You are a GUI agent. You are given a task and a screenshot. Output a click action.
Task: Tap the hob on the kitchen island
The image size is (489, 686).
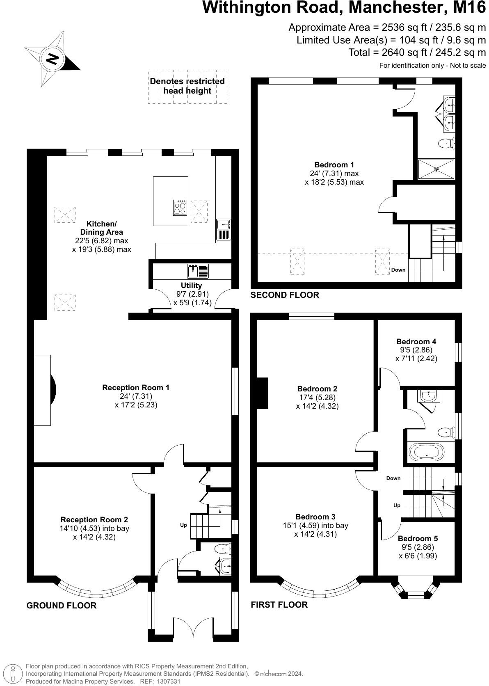click(180, 208)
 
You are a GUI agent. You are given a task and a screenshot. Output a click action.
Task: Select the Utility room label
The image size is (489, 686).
click(191, 286)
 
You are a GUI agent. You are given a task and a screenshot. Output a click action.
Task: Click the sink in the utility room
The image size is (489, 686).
click(198, 271)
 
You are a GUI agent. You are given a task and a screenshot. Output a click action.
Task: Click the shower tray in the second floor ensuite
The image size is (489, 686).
click(436, 169)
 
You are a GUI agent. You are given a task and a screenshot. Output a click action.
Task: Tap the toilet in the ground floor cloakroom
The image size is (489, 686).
click(224, 548)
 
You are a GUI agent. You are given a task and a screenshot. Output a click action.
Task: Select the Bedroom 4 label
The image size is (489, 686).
click(416, 341)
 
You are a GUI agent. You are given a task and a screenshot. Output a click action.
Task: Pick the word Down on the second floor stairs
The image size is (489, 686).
click(398, 270)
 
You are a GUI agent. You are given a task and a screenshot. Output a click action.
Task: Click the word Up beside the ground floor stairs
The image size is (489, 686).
click(183, 525)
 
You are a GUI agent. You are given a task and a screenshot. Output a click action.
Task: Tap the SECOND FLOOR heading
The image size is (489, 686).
click(284, 295)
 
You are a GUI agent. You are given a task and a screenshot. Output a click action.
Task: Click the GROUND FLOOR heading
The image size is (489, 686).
click(62, 606)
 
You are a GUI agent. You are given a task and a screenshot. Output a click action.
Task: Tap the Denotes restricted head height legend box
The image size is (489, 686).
click(187, 86)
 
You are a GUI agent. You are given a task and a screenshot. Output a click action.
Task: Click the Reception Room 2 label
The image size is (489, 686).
click(94, 520)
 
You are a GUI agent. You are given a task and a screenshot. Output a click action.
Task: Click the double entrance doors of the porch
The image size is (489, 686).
click(193, 628)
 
